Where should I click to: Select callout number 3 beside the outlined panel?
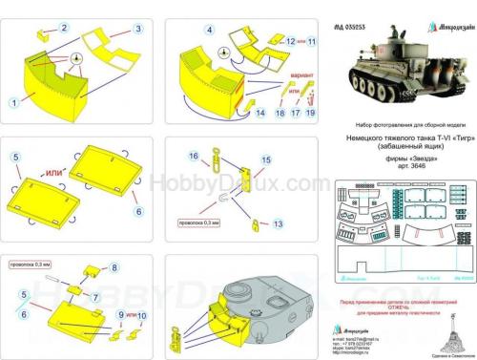(138, 30)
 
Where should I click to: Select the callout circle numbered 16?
(192, 155)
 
